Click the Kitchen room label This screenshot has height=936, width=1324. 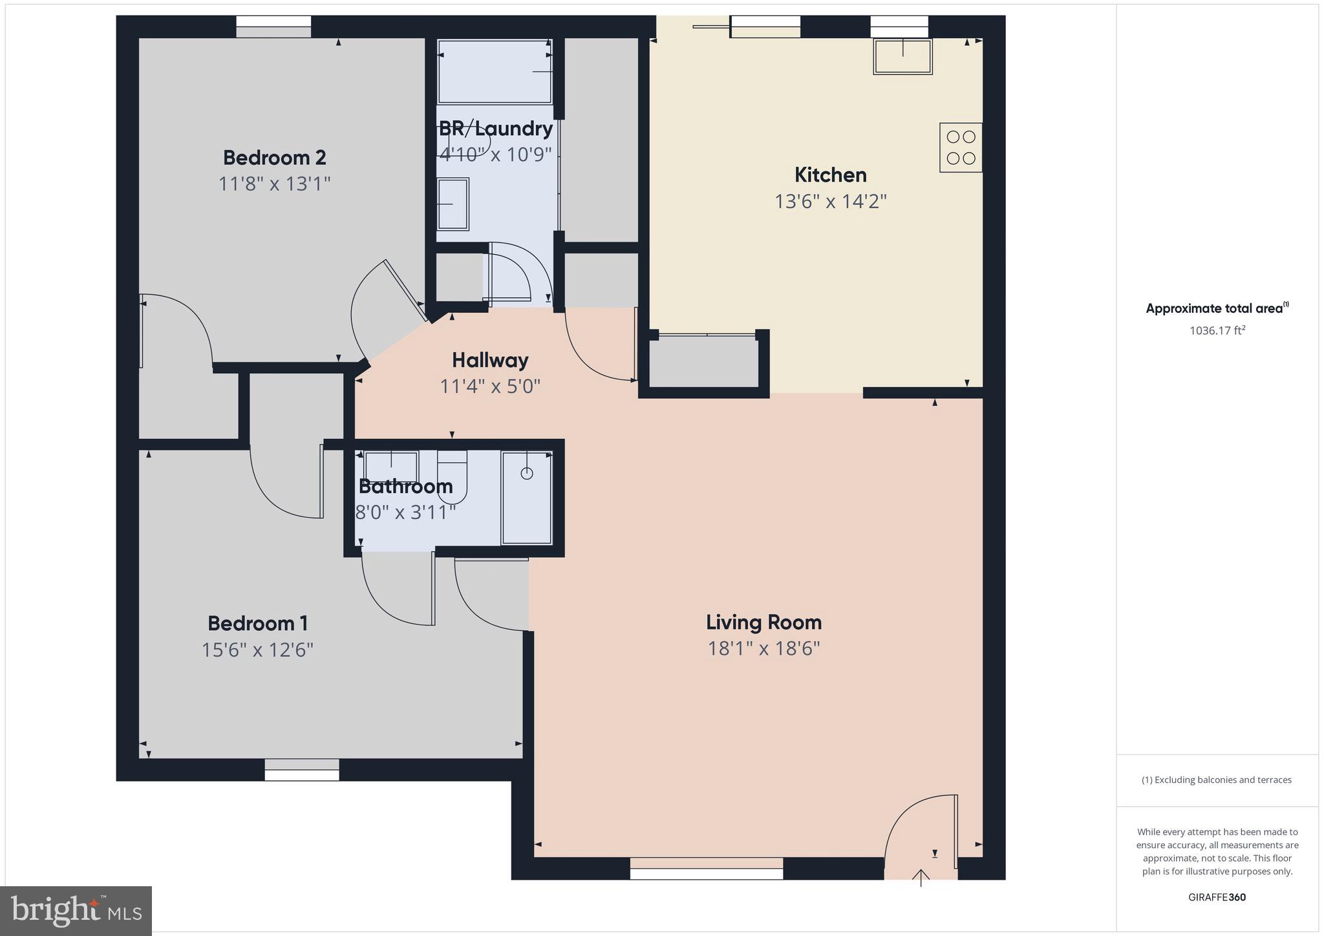click(x=830, y=175)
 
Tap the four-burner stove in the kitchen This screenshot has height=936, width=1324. click(x=961, y=147)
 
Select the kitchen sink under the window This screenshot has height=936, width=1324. click(x=902, y=57)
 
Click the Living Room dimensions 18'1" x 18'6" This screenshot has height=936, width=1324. click(x=763, y=648)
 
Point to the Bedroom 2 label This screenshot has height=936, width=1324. click(x=274, y=157)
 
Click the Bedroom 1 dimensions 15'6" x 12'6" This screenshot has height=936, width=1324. click(x=257, y=650)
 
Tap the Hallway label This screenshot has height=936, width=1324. click(x=490, y=360)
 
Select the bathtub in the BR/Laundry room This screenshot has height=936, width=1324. click(x=495, y=71)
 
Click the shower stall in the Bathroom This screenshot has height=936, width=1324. click(x=527, y=498)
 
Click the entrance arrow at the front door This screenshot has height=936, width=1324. click(x=921, y=878)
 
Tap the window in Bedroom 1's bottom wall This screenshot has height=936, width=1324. click(x=302, y=769)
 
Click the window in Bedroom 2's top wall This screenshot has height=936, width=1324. click(x=273, y=27)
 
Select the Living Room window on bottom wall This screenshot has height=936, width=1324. click(x=706, y=868)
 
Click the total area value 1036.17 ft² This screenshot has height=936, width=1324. click(x=1217, y=330)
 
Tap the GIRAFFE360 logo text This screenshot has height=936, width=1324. click(x=1217, y=897)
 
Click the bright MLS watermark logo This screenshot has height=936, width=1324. click(x=76, y=911)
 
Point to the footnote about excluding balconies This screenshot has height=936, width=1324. click(x=1217, y=780)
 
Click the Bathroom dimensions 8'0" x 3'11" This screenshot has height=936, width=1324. click(x=406, y=513)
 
